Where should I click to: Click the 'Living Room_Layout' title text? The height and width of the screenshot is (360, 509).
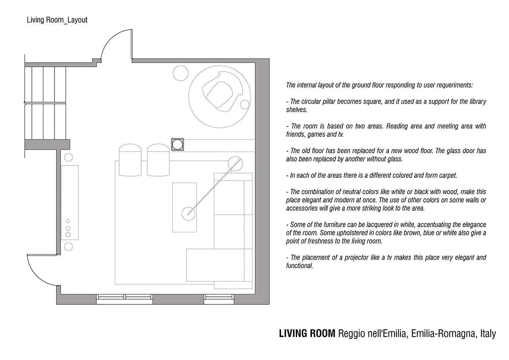tap(57, 20)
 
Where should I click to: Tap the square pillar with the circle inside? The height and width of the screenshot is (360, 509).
tap(177, 144)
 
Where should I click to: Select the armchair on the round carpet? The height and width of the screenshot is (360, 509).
tap(222, 91)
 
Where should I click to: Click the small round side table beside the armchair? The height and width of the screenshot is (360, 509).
tap(245, 105)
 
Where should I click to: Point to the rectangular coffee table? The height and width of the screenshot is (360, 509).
tap(185, 207)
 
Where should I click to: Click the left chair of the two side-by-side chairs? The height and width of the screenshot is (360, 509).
tap(130, 160)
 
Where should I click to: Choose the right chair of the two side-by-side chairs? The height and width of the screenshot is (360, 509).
tap(158, 160)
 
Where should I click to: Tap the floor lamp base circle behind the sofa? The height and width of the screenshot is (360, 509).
tap(235, 163)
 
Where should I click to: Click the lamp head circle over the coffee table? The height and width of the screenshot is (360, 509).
tap(188, 214)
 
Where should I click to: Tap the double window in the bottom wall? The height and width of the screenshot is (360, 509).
tap(124, 299)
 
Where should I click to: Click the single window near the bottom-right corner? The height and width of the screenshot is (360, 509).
tap(219, 299)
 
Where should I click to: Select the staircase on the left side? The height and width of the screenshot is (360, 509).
tap(45, 103)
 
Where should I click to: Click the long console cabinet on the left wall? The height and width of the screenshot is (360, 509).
tap(70, 202)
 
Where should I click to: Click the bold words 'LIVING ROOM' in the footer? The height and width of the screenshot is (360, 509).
tap(307, 334)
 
